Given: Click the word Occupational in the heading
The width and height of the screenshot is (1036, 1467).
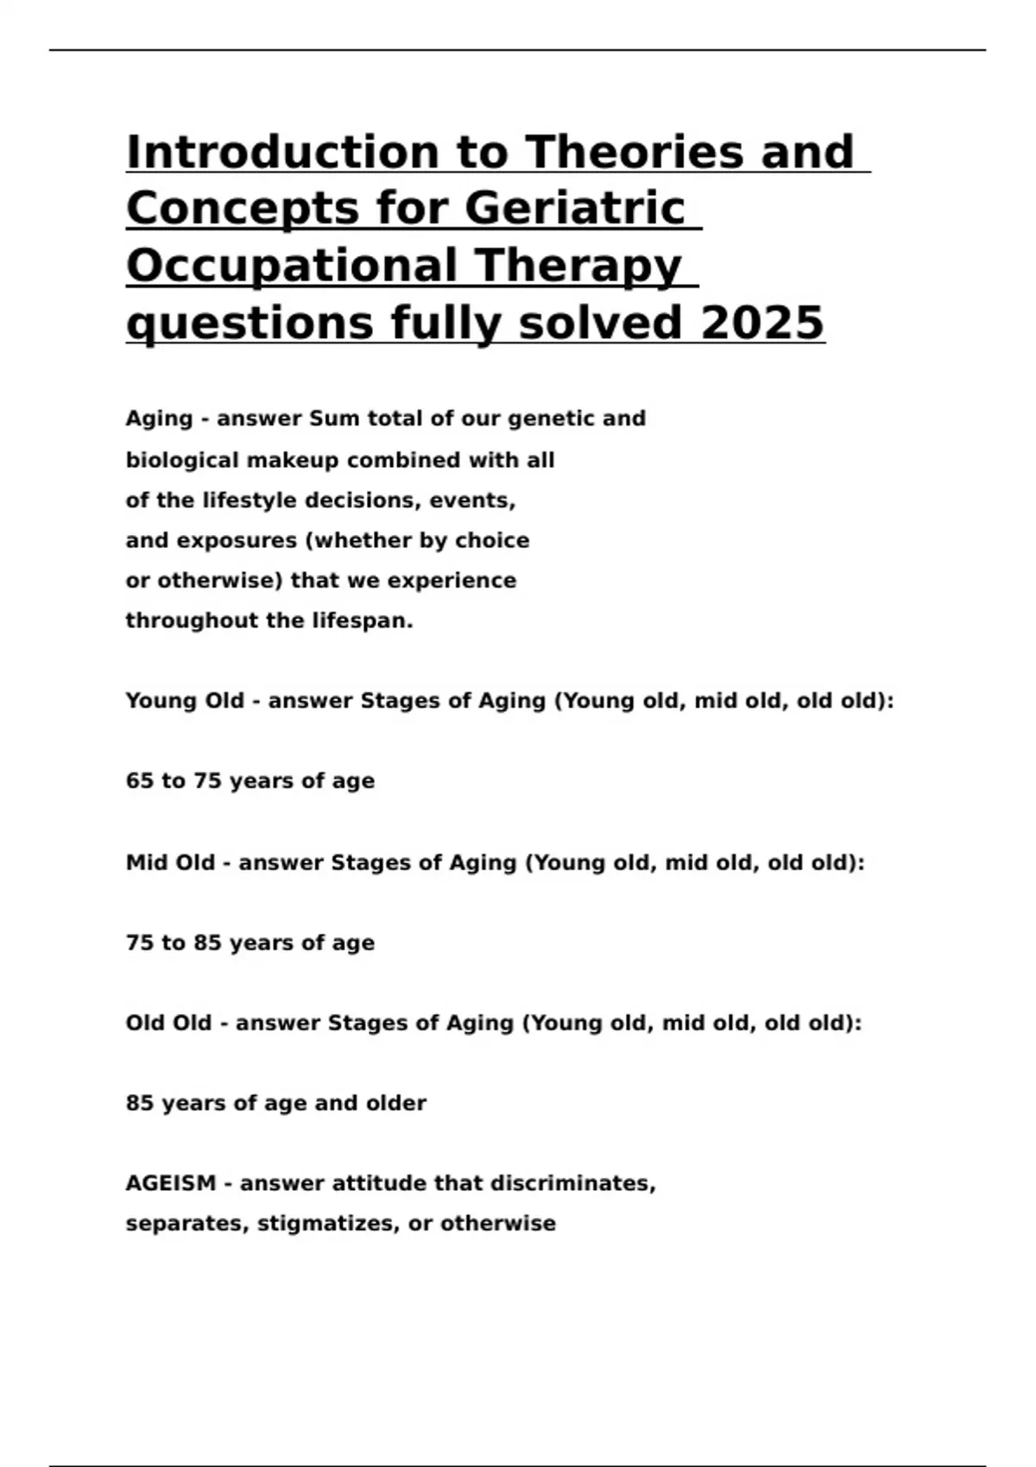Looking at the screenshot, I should (293, 266).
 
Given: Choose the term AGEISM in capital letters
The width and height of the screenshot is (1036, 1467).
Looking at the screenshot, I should (170, 1183).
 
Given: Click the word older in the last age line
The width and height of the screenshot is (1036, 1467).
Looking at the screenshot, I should (397, 1103).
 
